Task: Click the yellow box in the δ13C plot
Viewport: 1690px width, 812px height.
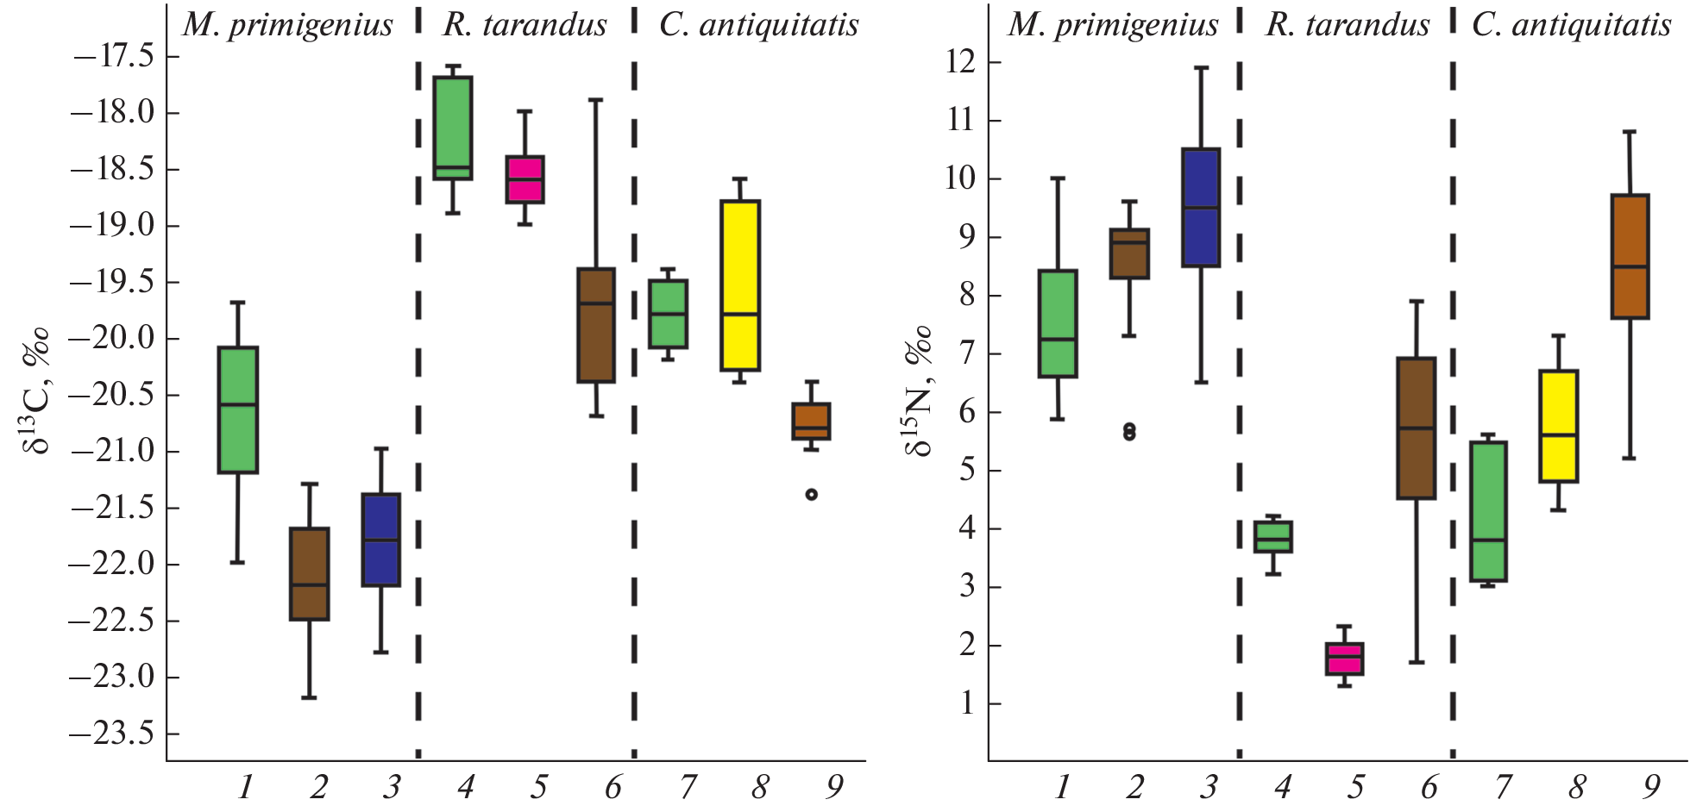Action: (739, 285)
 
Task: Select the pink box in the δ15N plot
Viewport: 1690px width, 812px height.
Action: (1344, 659)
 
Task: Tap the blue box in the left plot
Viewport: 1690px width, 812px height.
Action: (380, 540)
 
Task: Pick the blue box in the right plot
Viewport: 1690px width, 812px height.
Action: (1200, 208)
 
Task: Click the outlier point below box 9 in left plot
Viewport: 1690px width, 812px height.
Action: (811, 494)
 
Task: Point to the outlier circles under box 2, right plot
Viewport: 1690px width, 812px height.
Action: (1129, 431)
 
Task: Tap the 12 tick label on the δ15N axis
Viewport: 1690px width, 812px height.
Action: (960, 62)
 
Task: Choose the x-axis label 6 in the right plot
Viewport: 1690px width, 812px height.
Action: (1429, 786)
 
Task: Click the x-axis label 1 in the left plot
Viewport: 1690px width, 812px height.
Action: (246, 786)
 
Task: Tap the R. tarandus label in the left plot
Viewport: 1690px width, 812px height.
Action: (525, 25)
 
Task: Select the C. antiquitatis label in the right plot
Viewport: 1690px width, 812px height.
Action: (1571, 25)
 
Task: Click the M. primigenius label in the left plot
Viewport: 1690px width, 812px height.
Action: (288, 25)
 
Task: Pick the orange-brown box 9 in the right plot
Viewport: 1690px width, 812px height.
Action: (1630, 257)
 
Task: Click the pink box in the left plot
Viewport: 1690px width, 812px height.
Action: (525, 179)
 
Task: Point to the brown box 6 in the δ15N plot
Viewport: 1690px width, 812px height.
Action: (1416, 428)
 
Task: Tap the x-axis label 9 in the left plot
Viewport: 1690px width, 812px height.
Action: (833, 786)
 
